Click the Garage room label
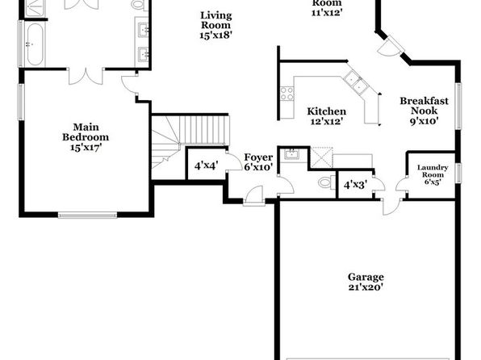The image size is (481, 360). tap(366, 277)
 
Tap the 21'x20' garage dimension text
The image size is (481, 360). tap(366, 287)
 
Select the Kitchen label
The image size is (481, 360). tap(327, 111)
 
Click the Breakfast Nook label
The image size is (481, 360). tap(424, 106)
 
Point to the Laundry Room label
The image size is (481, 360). tap(433, 171)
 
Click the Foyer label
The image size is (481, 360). tap(258, 157)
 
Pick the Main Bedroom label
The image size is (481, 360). tap(86, 132)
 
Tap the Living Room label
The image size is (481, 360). tap(216, 20)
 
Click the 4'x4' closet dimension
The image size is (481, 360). tap(206, 166)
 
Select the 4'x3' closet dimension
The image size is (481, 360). tap(355, 185)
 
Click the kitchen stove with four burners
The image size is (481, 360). tap(287, 94)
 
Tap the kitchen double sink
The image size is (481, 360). tap(356, 82)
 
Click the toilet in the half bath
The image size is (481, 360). tap(327, 182)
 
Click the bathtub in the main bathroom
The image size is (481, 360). tap(35, 44)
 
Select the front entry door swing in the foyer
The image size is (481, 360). tap(255, 194)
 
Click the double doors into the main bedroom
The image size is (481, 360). tap(86, 76)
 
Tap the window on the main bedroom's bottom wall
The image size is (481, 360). tap(87, 215)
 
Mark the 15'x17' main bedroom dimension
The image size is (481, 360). tap(86, 148)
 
